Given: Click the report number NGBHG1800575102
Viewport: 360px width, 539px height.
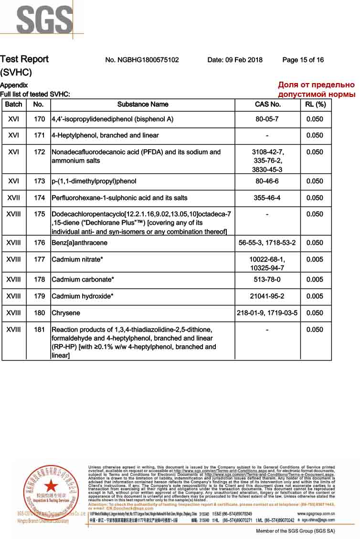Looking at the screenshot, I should (x=142, y=60).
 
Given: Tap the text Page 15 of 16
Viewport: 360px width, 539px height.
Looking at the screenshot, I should (x=303, y=60).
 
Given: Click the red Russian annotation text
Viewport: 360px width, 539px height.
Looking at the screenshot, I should (x=317, y=90).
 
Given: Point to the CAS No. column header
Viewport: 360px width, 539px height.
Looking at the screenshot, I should (x=268, y=104).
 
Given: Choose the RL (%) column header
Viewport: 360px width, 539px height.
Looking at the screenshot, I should (x=315, y=104).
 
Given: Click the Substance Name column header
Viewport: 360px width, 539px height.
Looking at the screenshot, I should (x=143, y=104).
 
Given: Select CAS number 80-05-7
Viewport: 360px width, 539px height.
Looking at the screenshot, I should (x=268, y=119).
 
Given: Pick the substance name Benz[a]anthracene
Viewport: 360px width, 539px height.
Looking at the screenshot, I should (x=79, y=243).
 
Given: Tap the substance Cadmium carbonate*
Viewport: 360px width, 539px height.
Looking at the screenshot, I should (x=83, y=279).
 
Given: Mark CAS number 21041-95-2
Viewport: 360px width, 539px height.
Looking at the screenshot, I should (x=267, y=296).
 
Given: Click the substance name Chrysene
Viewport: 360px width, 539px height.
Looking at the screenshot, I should (x=66, y=313).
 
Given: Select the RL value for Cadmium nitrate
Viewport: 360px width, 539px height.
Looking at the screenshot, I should (x=315, y=259).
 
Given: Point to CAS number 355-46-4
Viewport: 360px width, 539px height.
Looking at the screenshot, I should (x=268, y=198).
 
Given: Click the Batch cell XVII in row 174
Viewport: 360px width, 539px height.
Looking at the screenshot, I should (x=13, y=198).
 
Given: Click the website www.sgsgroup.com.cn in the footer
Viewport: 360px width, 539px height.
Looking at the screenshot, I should (x=316, y=513).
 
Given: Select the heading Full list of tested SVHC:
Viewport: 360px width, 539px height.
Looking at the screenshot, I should (x=35, y=94).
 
